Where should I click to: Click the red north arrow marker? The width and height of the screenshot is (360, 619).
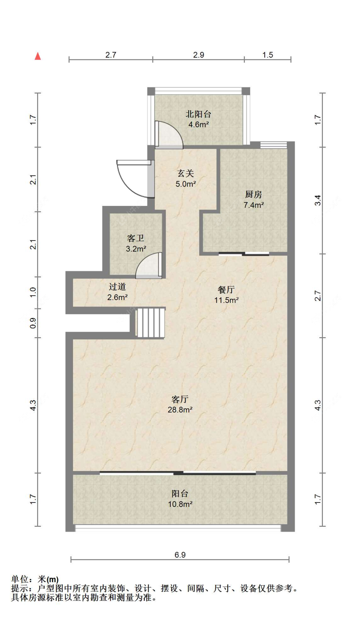pos(38,56)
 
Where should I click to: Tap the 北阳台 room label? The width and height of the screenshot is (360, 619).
pos(198,114)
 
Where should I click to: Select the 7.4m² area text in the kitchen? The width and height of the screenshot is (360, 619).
pos(253,205)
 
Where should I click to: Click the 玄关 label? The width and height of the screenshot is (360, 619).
pos(186,174)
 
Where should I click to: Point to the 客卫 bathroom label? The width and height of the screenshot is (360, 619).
pos(136,238)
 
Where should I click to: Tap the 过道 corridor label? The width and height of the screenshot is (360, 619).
pos(117,287)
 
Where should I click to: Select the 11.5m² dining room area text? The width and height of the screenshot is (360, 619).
pos(226,300)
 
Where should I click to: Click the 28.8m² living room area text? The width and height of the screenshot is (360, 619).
pos(180,410)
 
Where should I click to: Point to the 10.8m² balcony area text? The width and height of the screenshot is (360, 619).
pos(180,504)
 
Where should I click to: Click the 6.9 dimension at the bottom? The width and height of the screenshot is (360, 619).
pos(180,555)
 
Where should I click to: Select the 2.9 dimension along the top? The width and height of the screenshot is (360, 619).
pos(198,55)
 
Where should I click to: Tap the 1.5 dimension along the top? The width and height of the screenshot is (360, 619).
pos(268,55)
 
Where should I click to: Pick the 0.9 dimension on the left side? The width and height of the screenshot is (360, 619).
pos(33,323)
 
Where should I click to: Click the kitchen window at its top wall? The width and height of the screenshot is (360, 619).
pos(273,145)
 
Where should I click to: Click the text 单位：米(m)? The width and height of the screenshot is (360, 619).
pos(35,579)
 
